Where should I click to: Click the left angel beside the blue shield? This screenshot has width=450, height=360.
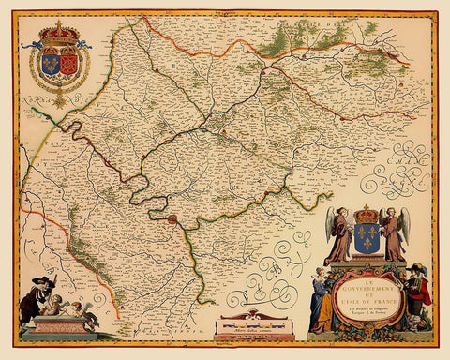coord(338,232)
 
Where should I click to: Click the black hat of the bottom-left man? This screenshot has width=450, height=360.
coord(33,282)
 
